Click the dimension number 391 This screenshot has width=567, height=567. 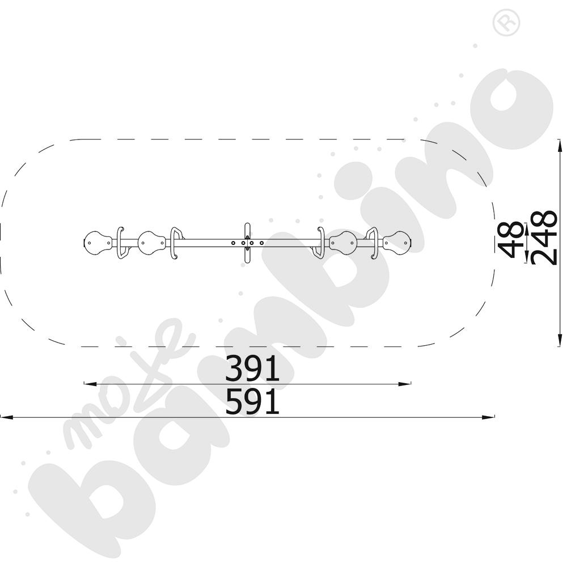click(x=252, y=368)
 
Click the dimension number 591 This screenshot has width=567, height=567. click(x=252, y=401)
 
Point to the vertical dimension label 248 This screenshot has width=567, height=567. click(x=544, y=238)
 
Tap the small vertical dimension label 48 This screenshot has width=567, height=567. click(x=510, y=240)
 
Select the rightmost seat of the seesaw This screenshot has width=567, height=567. click(x=397, y=243)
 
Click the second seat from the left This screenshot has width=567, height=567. click(x=152, y=243)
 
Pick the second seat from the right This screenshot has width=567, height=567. click(x=343, y=243)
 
